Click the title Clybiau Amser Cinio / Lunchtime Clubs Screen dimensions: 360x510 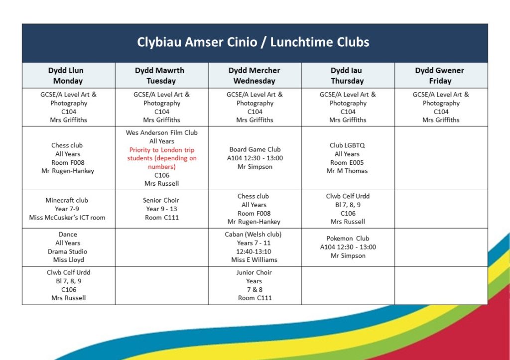click(254, 42)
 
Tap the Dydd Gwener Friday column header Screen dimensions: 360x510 click(440, 76)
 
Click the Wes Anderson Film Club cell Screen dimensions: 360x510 click(162, 158)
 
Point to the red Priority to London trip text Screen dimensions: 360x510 click(162, 158)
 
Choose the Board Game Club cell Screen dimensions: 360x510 click(254, 158)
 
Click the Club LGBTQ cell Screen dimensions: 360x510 click(347, 158)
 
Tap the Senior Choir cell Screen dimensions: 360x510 click(162, 209)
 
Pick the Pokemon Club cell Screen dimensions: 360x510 click(348, 247)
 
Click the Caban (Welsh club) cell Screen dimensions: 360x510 click(254, 247)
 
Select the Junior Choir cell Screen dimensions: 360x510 click(254, 285)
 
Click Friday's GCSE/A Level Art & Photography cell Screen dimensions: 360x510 click(441, 107)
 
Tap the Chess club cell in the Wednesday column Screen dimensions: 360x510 click(254, 209)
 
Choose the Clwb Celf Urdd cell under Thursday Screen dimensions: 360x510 click(348, 209)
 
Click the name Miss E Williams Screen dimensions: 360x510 click(254, 260)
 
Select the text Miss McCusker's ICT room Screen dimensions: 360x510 click(68, 218)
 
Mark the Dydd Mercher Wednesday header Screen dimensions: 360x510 click(254, 76)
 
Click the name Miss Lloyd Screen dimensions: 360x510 click(69, 260)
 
